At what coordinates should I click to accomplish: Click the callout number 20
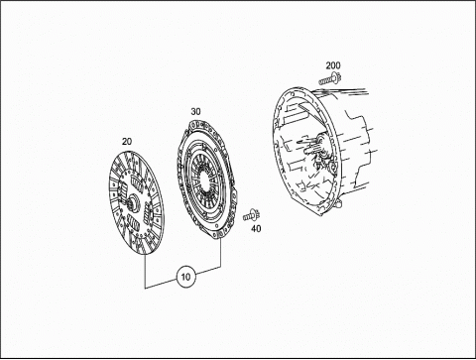pyautogui.click(x=127, y=141)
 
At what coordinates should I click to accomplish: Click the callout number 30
pyautogui.click(x=195, y=112)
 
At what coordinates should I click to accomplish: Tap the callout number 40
pyautogui.click(x=256, y=228)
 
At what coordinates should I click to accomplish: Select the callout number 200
pyautogui.click(x=333, y=65)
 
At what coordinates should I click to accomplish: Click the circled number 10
pyautogui.click(x=186, y=277)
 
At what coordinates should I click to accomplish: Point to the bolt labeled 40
pyautogui.click(x=252, y=215)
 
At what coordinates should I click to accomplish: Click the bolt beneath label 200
pyautogui.click(x=330, y=79)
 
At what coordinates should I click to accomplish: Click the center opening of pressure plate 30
pyautogui.click(x=205, y=180)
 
